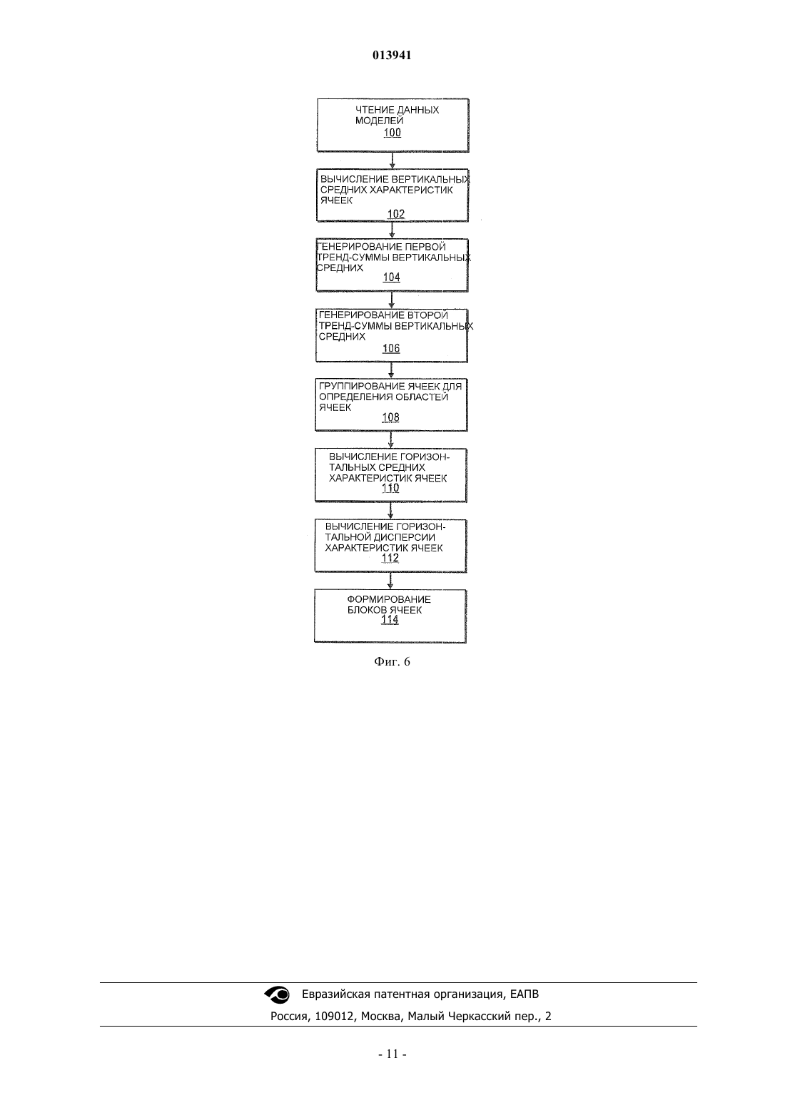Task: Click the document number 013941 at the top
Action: pyautogui.click(x=392, y=55)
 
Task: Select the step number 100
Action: pyautogui.click(x=392, y=133)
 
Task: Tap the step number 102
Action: pyautogui.click(x=396, y=214)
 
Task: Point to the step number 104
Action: pyautogui.click(x=392, y=277)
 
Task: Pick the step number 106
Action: pyautogui.click(x=391, y=348)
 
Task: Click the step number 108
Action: pyautogui.click(x=390, y=418)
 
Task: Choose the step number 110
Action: pyautogui.click(x=390, y=488)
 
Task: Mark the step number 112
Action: pyautogui.click(x=390, y=559)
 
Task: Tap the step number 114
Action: pyautogui.click(x=390, y=620)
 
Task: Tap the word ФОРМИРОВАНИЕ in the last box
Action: pyautogui.click(x=389, y=600)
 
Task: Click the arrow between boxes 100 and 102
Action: pyautogui.click(x=392, y=161)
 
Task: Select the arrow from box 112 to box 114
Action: pyautogui.click(x=390, y=581)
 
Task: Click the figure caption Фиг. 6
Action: pyautogui.click(x=392, y=662)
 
